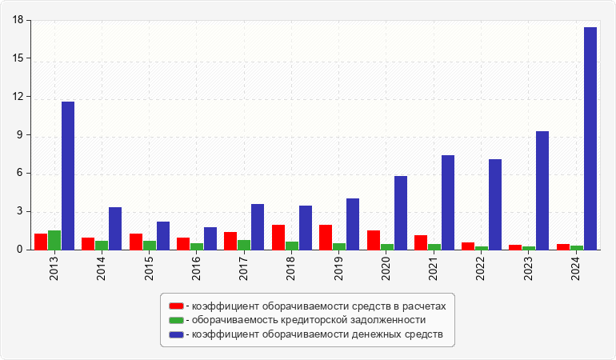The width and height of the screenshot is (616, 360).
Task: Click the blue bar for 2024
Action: [x=590, y=138]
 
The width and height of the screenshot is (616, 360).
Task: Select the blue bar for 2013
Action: [x=68, y=176]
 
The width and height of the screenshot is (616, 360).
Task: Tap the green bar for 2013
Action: [x=54, y=240]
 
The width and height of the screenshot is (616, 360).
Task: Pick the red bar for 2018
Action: [x=278, y=238]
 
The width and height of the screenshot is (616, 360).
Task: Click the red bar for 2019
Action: [x=326, y=238]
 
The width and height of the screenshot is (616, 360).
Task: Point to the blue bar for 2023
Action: [x=542, y=190]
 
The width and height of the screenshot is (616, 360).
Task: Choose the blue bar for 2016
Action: [x=210, y=238]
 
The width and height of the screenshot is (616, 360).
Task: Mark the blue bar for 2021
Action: [x=448, y=202]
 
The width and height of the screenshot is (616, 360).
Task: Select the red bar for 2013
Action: [x=41, y=242]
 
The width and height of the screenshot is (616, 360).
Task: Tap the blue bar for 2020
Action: [x=401, y=213]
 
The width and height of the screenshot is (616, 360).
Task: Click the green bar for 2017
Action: [x=244, y=245]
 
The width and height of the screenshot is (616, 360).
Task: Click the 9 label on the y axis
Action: [x=20, y=135]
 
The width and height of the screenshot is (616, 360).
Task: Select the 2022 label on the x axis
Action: [x=480, y=269]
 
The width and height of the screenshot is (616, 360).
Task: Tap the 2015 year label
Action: [x=149, y=269]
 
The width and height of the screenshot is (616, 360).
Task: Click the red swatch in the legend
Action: [x=176, y=306]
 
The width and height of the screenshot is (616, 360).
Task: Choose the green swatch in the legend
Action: [x=176, y=320]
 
